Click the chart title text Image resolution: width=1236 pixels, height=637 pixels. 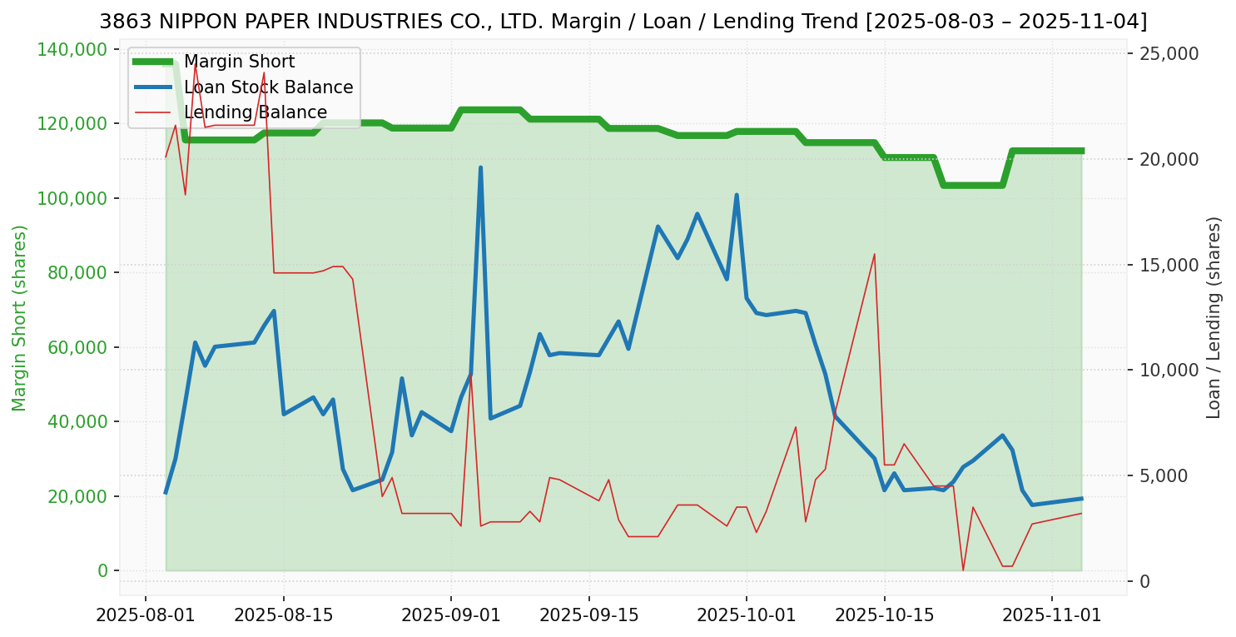[623, 22]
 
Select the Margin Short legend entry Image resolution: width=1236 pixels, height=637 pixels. [239, 62]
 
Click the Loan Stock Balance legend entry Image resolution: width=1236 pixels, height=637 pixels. [268, 87]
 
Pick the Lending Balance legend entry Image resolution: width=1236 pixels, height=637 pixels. [255, 112]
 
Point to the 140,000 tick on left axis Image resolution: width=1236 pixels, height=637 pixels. [73, 50]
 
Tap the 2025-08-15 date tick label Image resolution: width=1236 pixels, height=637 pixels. [284, 616]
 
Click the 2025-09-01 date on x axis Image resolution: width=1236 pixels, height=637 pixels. [451, 616]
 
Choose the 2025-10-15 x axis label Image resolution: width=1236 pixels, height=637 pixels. [884, 616]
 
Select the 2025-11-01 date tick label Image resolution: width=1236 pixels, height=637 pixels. [1052, 616]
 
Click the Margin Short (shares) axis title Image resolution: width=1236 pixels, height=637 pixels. [19, 318]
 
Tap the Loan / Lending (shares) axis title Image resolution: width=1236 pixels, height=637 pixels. [1214, 318]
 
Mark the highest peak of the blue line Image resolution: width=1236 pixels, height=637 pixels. [480, 167]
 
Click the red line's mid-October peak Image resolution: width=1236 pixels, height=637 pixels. [875, 254]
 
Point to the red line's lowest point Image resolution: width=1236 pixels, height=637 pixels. [963, 570]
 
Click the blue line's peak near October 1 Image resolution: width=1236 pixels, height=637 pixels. [737, 195]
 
